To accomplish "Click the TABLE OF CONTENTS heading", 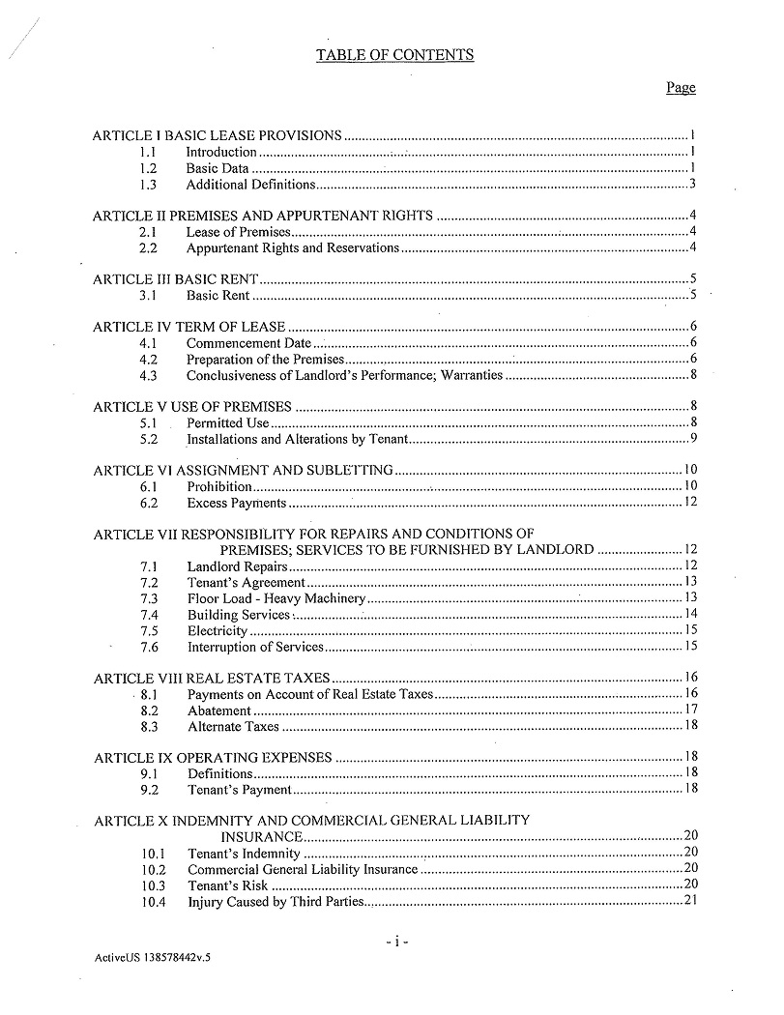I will click(x=394, y=55).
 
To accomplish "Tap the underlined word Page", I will click(x=680, y=88).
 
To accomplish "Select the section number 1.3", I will click(x=148, y=185).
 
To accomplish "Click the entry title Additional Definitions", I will click(x=250, y=185).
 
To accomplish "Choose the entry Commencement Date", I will click(x=248, y=343).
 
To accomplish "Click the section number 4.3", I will click(x=148, y=375).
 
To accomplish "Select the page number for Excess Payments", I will click(x=690, y=503).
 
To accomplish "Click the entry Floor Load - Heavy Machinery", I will click(x=276, y=597).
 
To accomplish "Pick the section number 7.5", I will click(x=149, y=630).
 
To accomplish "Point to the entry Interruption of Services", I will click(x=254, y=647).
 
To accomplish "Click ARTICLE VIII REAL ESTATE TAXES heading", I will click(x=212, y=678).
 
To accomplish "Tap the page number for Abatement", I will click(x=690, y=710).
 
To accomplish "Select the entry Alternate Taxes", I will click(x=233, y=726).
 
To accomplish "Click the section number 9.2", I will click(x=149, y=790).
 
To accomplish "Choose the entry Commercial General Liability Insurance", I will click(x=303, y=869).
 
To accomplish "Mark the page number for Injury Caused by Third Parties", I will click(x=690, y=902).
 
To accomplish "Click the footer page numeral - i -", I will click(x=396, y=940).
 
